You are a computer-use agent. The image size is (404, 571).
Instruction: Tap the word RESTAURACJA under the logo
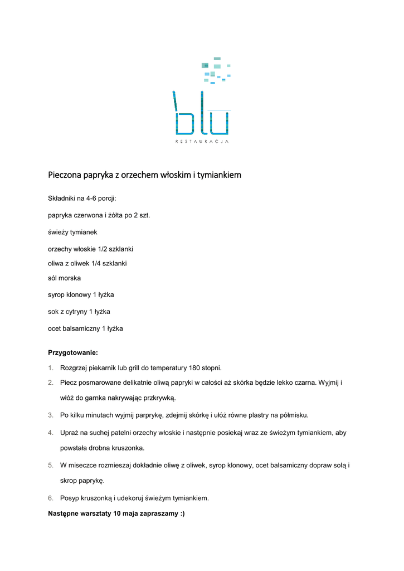coord(202,142)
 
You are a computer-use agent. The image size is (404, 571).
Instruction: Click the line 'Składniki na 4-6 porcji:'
coord(82,198)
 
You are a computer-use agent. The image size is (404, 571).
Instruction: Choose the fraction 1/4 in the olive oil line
coord(99,263)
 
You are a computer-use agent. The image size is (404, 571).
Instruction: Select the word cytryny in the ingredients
coord(76,312)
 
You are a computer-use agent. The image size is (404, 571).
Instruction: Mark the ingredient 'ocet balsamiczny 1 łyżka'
coord(85,329)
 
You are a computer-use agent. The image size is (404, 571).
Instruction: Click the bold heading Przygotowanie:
coord(73,353)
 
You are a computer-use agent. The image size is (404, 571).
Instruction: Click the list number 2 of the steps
coord(50,383)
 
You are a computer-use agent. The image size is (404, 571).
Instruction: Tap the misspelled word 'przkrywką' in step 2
coord(159,398)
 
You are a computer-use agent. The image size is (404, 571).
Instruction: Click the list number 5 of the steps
coord(50,465)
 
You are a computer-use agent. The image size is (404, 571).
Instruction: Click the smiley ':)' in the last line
coord(181,514)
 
